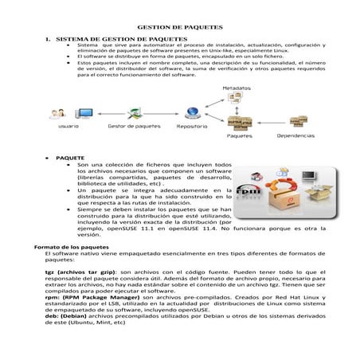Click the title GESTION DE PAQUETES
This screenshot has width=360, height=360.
181,26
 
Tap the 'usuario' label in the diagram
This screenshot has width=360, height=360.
68,126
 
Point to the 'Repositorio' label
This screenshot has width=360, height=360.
192,126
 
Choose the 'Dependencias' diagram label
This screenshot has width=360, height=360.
295,135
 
